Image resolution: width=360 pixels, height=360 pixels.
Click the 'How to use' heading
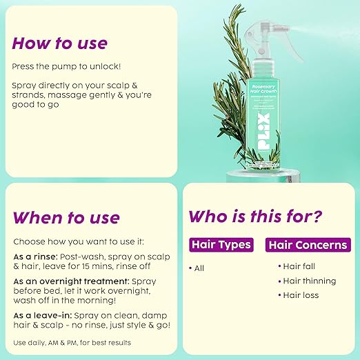point(59,43)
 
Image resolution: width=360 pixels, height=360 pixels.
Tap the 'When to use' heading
point(66,218)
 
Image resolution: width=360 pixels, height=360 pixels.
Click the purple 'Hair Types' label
point(221,244)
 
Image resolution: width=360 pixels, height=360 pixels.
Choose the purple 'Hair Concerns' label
point(308,244)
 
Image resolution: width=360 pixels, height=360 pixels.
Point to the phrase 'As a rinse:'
point(32,254)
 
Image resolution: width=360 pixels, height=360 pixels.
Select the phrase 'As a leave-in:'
point(38,314)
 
